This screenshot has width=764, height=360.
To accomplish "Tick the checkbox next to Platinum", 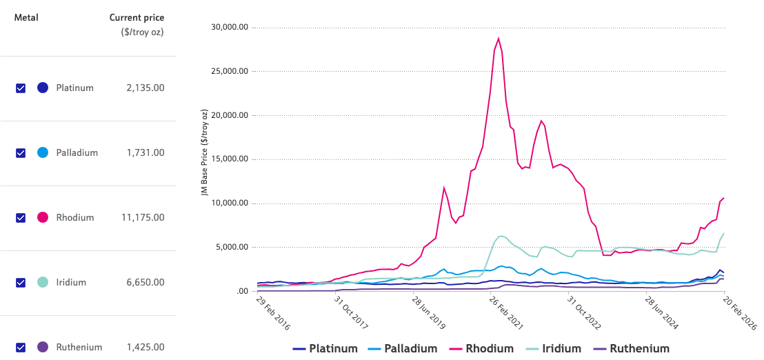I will point(21,88).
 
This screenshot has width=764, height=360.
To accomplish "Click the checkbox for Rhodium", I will point(21,218).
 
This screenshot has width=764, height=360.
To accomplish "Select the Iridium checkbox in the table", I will point(21,283).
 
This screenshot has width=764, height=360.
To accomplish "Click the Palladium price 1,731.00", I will point(145,153).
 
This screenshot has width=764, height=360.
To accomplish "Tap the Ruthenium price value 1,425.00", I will point(145,348).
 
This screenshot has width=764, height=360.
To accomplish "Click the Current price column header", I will point(137,18).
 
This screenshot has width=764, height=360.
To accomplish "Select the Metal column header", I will point(26,18).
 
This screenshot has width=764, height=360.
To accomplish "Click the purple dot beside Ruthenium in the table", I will point(43,348).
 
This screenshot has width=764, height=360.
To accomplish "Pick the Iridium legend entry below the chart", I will point(557,349).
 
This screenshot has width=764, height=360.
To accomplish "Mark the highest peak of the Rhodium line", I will point(499,39).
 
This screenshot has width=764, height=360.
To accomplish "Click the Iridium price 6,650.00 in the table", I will point(145,283).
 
